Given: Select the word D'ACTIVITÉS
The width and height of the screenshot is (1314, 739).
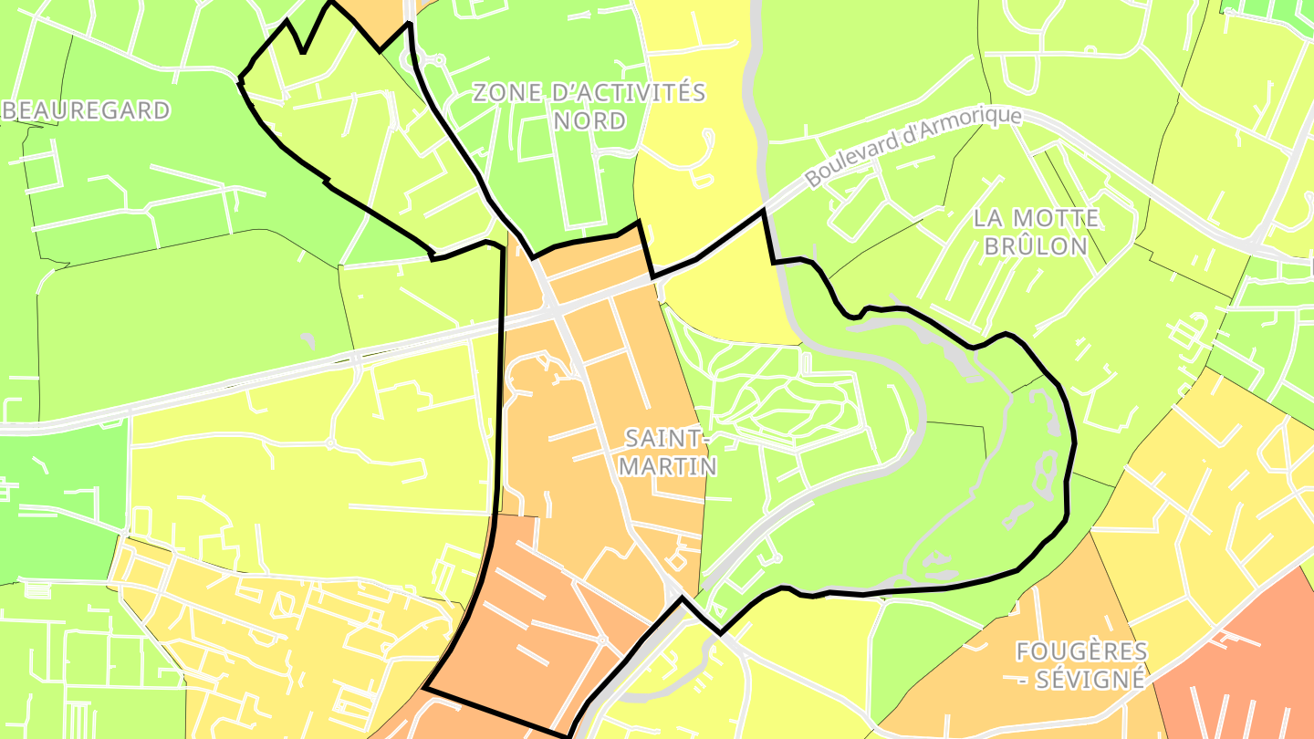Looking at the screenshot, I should pyautogui.click(x=629, y=93).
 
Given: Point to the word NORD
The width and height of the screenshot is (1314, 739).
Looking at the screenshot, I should pyautogui.click(x=589, y=121).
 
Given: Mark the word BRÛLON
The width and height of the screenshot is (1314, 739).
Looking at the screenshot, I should pyautogui.click(x=1036, y=246).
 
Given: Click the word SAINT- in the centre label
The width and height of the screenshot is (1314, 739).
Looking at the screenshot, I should pyautogui.click(x=666, y=438).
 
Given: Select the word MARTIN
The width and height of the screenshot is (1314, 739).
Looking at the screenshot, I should pyautogui.click(x=667, y=466).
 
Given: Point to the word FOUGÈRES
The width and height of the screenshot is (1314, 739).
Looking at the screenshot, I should pyautogui.click(x=1081, y=651).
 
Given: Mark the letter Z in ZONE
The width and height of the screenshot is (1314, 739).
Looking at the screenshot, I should pyautogui.click(x=481, y=93).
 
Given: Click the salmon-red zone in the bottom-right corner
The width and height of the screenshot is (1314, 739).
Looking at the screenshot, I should pyautogui.click(x=1259, y=666).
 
